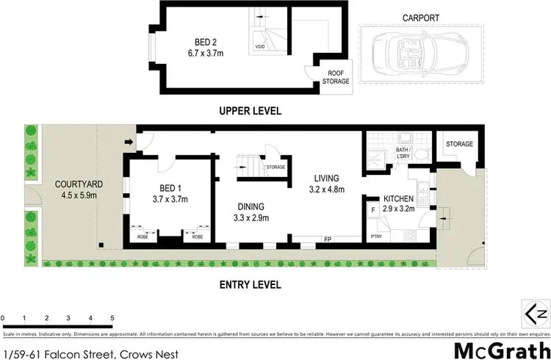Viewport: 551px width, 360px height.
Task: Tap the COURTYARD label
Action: [71, 184]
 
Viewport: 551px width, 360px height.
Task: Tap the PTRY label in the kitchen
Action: [375, 236]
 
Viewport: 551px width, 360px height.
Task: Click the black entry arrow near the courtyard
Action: [129, 143]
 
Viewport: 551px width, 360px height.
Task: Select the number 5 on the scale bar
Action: [112, 318]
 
